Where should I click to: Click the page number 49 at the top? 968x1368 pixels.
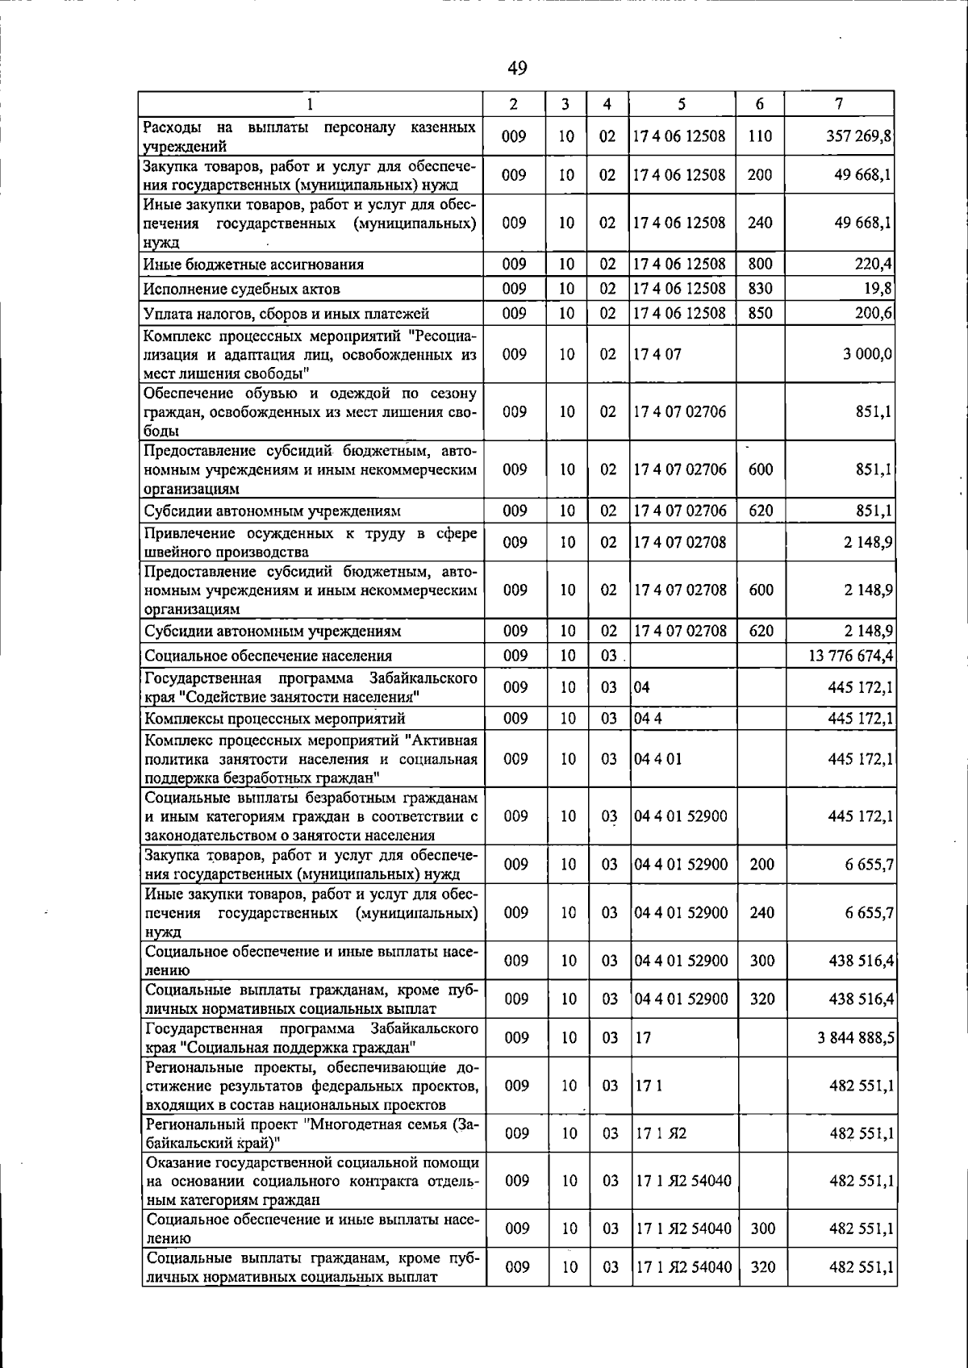click(x=517, y=69)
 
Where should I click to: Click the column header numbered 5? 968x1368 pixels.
click(x=682, y=104)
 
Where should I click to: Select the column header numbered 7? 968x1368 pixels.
click(x=840, y=104)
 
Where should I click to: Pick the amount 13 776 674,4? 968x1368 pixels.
click(x=850, y=656)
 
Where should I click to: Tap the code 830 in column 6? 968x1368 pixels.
click(x=760, y=289)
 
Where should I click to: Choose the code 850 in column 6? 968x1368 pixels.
click(x=760, y=314)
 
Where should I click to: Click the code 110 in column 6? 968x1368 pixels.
click(x=760, y=137)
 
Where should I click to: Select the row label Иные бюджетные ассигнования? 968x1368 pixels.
click(x=253, y=265)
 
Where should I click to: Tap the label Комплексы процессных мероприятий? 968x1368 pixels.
click(x=274, y=719)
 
